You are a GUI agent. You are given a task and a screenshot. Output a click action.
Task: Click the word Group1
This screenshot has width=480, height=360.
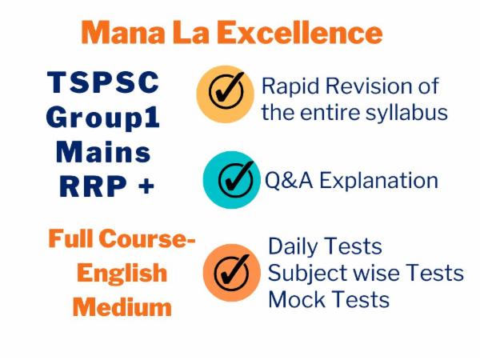tap(103, 118)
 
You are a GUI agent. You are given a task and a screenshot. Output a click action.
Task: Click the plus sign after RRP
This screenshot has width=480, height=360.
tap(146, 186)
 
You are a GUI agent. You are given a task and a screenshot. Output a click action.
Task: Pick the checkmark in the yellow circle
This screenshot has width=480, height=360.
tap(226, 94)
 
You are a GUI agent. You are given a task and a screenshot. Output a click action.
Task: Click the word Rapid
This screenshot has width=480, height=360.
tap(289, 86)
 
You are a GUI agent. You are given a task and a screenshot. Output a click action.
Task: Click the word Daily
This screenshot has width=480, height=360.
tap(293, 246)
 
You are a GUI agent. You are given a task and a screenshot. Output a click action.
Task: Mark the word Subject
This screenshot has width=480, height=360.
tap(301, 273)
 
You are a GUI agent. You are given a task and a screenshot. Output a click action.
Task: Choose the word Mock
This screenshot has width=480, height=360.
tap(294, 299)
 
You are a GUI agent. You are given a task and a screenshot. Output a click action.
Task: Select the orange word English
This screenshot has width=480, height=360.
tap(122, 273)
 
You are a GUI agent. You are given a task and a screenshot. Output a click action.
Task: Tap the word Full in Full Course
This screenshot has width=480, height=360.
tap(70, 238)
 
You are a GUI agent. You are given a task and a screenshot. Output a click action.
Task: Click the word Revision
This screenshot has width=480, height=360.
tap(371, 86)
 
